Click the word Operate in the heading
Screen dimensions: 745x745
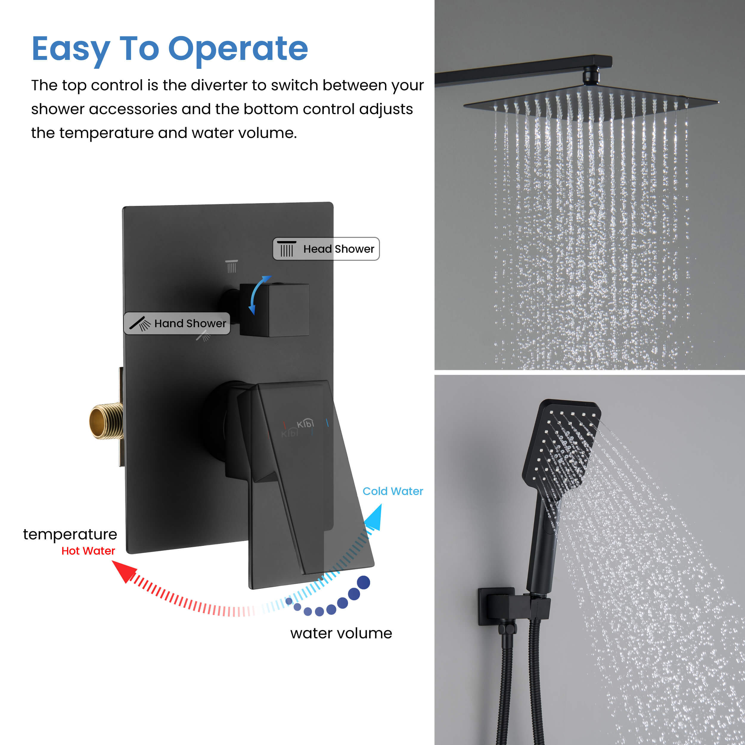[x=238, y=49]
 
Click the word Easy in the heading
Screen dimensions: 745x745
[x=71, y=49]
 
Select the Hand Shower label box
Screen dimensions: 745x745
[x=177, y=323]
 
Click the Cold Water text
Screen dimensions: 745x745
[x=392, y=491]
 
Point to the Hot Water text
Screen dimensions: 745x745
[x=88, y=551]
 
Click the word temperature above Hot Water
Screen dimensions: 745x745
[x=70, y=534]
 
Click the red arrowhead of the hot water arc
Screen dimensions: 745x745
[x=124, y=571]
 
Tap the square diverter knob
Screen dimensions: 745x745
[x=274, y=310]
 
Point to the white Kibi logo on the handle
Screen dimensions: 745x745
[x=305, y=424]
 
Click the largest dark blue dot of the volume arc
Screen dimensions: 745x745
[x=363, y=582]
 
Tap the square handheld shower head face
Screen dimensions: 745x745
[x=561, y=450]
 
